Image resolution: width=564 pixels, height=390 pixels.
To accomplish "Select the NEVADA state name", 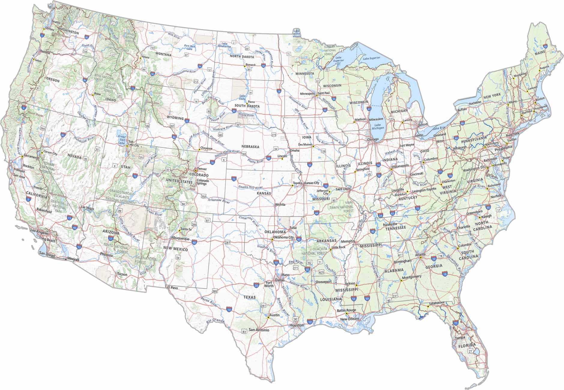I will [x=75, y=157].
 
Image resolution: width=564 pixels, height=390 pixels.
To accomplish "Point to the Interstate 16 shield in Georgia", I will [x=445, y=274].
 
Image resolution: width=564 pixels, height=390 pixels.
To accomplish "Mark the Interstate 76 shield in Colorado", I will [x=213, y=163].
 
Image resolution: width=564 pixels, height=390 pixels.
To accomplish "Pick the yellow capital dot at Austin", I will [x=268, y=317].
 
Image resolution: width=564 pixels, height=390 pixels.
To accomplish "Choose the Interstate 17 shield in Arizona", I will [x=111, y=239].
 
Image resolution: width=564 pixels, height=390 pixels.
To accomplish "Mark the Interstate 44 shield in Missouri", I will [x=316, y=213].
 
